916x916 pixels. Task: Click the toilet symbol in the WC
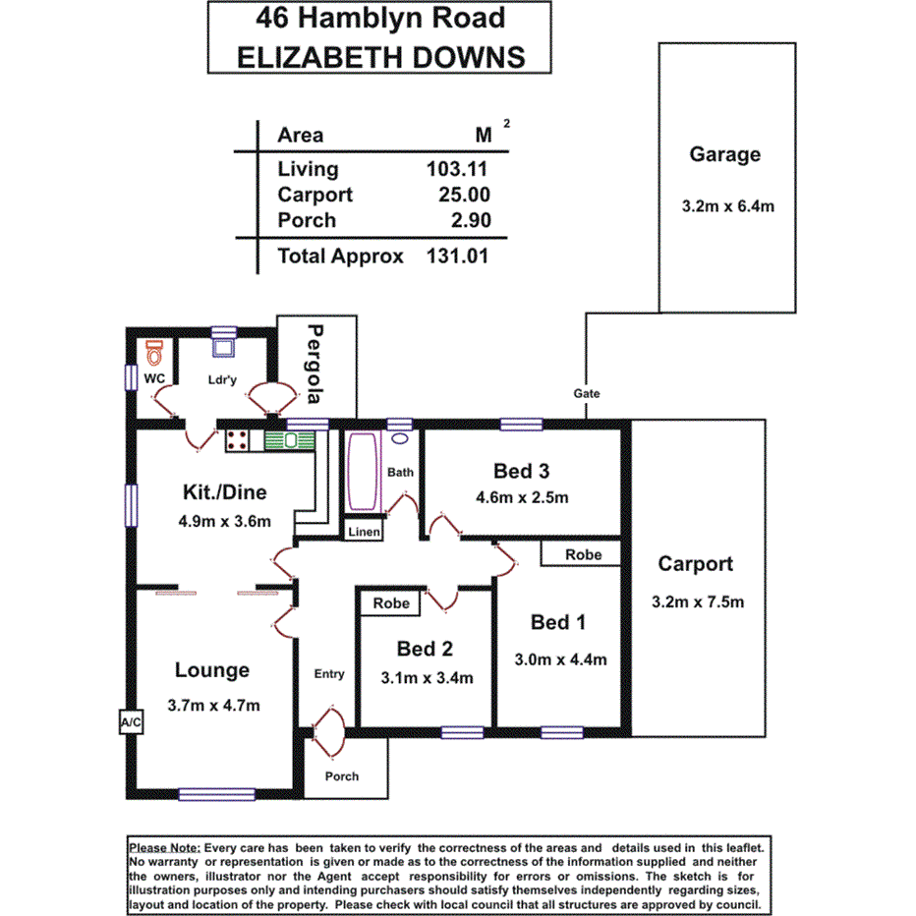[153, 351]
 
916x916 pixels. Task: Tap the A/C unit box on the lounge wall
[131, 722]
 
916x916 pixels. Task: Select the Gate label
[587, 393]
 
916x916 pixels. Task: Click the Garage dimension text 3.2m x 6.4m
[728, 207]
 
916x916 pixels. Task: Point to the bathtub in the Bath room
[362, 471]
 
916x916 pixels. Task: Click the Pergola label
[315, 364]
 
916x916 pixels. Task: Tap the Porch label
[342, 776]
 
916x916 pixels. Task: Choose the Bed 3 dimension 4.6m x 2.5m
[522, 497]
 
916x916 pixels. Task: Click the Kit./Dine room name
[225, 492]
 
